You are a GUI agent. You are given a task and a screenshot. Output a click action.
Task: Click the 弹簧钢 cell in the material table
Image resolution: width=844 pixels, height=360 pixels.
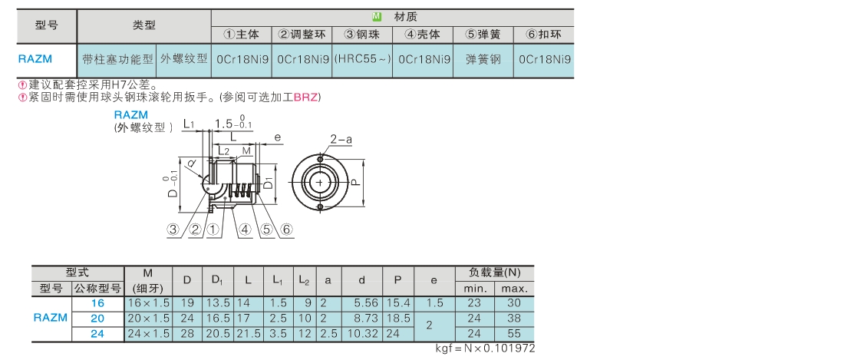[x=483, y=59]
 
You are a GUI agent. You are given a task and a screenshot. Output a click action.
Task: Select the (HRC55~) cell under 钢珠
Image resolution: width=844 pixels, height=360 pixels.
[x=362, y=59]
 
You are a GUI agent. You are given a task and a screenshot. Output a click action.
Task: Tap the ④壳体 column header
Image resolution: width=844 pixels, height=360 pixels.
[x=423, y=35]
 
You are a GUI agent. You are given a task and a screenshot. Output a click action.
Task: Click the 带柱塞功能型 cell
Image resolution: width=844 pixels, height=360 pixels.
[x=117, y=59]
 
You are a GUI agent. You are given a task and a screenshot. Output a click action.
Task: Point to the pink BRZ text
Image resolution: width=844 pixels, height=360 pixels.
[x=305, y=97]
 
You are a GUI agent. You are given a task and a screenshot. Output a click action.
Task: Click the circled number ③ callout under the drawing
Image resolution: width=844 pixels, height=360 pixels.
[x=173, y=230]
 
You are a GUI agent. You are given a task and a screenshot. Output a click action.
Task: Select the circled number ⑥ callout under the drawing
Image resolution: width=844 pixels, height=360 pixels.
[x=286, y=230]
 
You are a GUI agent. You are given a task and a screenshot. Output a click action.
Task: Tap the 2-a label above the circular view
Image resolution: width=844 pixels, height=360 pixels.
[x=341, y=140]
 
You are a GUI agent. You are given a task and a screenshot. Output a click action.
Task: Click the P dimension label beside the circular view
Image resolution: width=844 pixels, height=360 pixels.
[x=354, y=183]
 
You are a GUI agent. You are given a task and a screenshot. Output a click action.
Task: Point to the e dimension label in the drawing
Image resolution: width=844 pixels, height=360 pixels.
[x=277, y=137]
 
